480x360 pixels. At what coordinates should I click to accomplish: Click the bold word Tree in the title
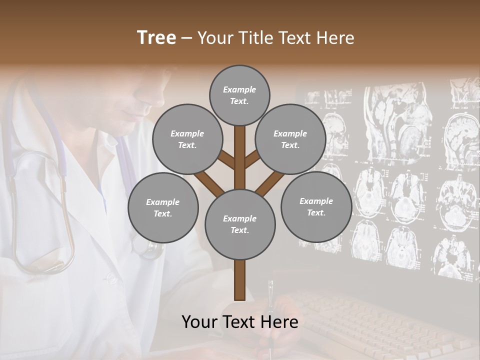tap(156, 38)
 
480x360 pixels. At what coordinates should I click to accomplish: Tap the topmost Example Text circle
tap(239, 95)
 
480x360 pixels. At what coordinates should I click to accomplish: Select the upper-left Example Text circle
tap(187, 139)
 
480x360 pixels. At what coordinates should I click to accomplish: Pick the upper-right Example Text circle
tap(290, 139)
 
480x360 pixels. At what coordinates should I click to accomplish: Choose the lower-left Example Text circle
tap(163, 207)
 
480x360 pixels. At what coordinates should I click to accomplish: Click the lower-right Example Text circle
tap(316, 206)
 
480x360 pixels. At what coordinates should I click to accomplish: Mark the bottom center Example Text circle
tap(240, 224)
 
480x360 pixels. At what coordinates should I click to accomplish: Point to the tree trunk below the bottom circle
tap(240, 280)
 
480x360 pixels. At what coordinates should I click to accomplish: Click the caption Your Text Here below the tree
tap(239, 322)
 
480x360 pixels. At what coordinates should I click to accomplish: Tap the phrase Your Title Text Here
tap(276, 38)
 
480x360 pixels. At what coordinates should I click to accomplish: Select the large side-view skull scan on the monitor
tap(397, 120)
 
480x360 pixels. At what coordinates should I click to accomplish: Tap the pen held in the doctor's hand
tap(270, 300)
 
